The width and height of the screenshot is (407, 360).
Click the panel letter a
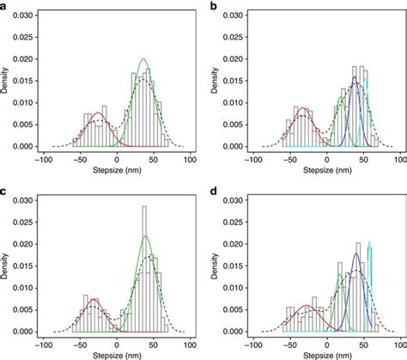pyautogui.click(x=5, y=7)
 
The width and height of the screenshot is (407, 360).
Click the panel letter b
pyautogui.click(x=212, y=7)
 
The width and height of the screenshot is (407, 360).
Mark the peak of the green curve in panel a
pyautogui.click(x=143, y=59)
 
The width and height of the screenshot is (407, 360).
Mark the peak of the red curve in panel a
pyautogui.click(x=100, y=113)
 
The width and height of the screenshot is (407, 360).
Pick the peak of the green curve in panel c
pyautogui.click(x=145, y=236)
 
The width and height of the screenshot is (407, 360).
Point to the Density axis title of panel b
pyautogui.click(x=216, y=83)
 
